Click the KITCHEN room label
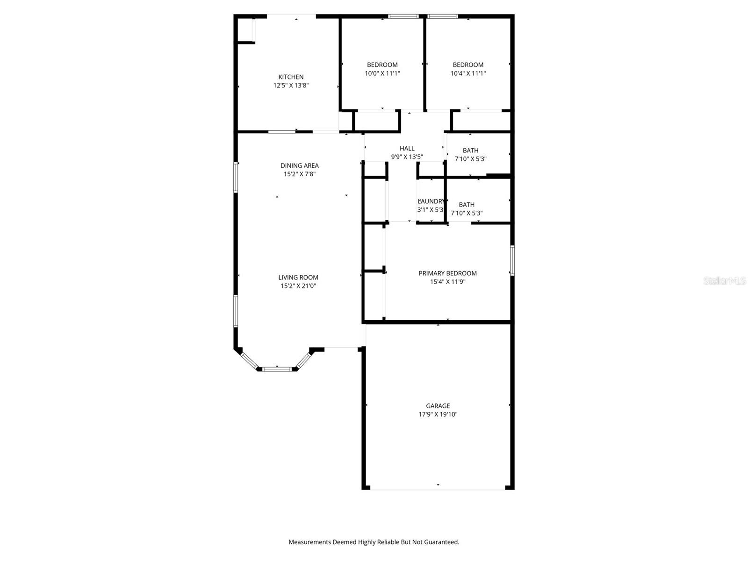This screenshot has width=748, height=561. tap(291, 77)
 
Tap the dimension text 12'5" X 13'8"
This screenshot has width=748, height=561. tap(291, 86)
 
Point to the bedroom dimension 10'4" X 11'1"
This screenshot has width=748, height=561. tap(468, 73)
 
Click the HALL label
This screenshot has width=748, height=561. tap(407, 149)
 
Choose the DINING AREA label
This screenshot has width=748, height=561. tap(299, 165)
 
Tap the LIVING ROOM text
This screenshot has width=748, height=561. tap(298, 277)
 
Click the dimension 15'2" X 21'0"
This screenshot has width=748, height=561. tap(298, 286)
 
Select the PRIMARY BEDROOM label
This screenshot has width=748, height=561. tap(447, 273)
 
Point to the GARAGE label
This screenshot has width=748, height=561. tap(438, 406)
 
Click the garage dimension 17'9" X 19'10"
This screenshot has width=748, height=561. tap(438, 414)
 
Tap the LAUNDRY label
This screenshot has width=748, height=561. tap(431, 201)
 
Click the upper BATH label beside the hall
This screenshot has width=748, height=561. tap(470, 151)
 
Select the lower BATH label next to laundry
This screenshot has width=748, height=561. tap(467, 205)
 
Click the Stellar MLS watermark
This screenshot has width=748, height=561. tap(724, 281)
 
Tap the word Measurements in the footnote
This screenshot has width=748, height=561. tap(309, 542)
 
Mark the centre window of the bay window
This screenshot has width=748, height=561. tap(277, 369)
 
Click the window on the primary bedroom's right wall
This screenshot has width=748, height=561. tap(512, 260)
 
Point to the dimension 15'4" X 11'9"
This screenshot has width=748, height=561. tap(447, 282)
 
